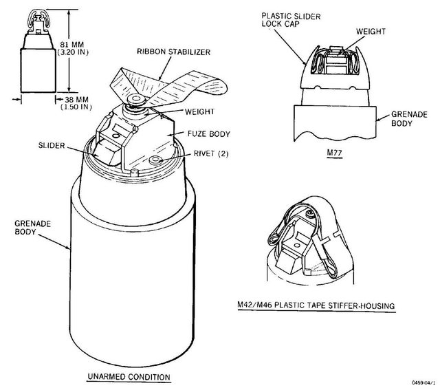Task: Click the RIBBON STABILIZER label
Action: click(173, 52)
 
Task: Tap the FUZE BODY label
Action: click(209, 134)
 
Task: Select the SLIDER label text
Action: click(52, 145)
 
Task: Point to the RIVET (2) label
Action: click(211, 153)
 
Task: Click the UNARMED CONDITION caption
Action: click(129, 377)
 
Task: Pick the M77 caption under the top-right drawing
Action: click(335, 153)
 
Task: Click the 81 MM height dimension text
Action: click(73, 48)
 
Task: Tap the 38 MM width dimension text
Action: click(76, 103)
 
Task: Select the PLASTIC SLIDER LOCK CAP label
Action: click(291, 20)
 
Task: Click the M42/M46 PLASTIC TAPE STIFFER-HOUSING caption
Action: click(316, 305)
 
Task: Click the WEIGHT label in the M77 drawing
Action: click(371, 31)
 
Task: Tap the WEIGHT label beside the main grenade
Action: click(199, 111)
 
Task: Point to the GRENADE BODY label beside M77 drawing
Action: click(409, 119)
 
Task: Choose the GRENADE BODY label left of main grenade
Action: click(33, 228)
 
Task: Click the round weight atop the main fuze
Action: click(136, 99)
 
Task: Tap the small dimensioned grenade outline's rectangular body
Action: click(38, 70)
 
